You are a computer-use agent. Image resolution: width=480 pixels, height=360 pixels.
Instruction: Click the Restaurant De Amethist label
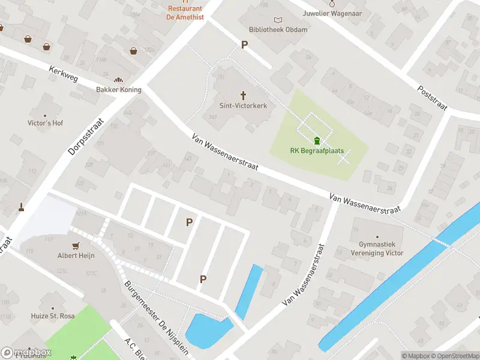[185, 13]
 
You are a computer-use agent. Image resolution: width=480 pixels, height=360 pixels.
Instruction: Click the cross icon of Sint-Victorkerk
[244, 95]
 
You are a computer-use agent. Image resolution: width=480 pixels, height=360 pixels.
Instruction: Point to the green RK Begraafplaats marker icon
[316, 141]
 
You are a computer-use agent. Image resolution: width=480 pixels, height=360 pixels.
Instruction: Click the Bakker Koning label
[119, 89]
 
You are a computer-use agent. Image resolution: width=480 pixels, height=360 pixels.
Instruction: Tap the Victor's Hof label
[45, 123]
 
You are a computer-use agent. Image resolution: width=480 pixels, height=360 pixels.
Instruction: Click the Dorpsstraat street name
[86, 137]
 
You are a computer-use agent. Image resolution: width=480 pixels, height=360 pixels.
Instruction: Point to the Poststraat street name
[433, 97]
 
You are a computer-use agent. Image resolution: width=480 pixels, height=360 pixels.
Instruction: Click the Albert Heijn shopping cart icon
[76, 245]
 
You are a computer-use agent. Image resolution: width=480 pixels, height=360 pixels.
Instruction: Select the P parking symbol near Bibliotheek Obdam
[244, 44]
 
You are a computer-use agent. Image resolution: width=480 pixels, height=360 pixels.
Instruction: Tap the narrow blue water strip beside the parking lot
[249, 291]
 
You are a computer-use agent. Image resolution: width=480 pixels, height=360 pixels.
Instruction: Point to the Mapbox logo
[26, 353]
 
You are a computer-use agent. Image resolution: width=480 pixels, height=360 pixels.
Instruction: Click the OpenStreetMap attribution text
[455, 356]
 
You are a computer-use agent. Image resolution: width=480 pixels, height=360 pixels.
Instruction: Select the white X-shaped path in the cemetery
[344, 158]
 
